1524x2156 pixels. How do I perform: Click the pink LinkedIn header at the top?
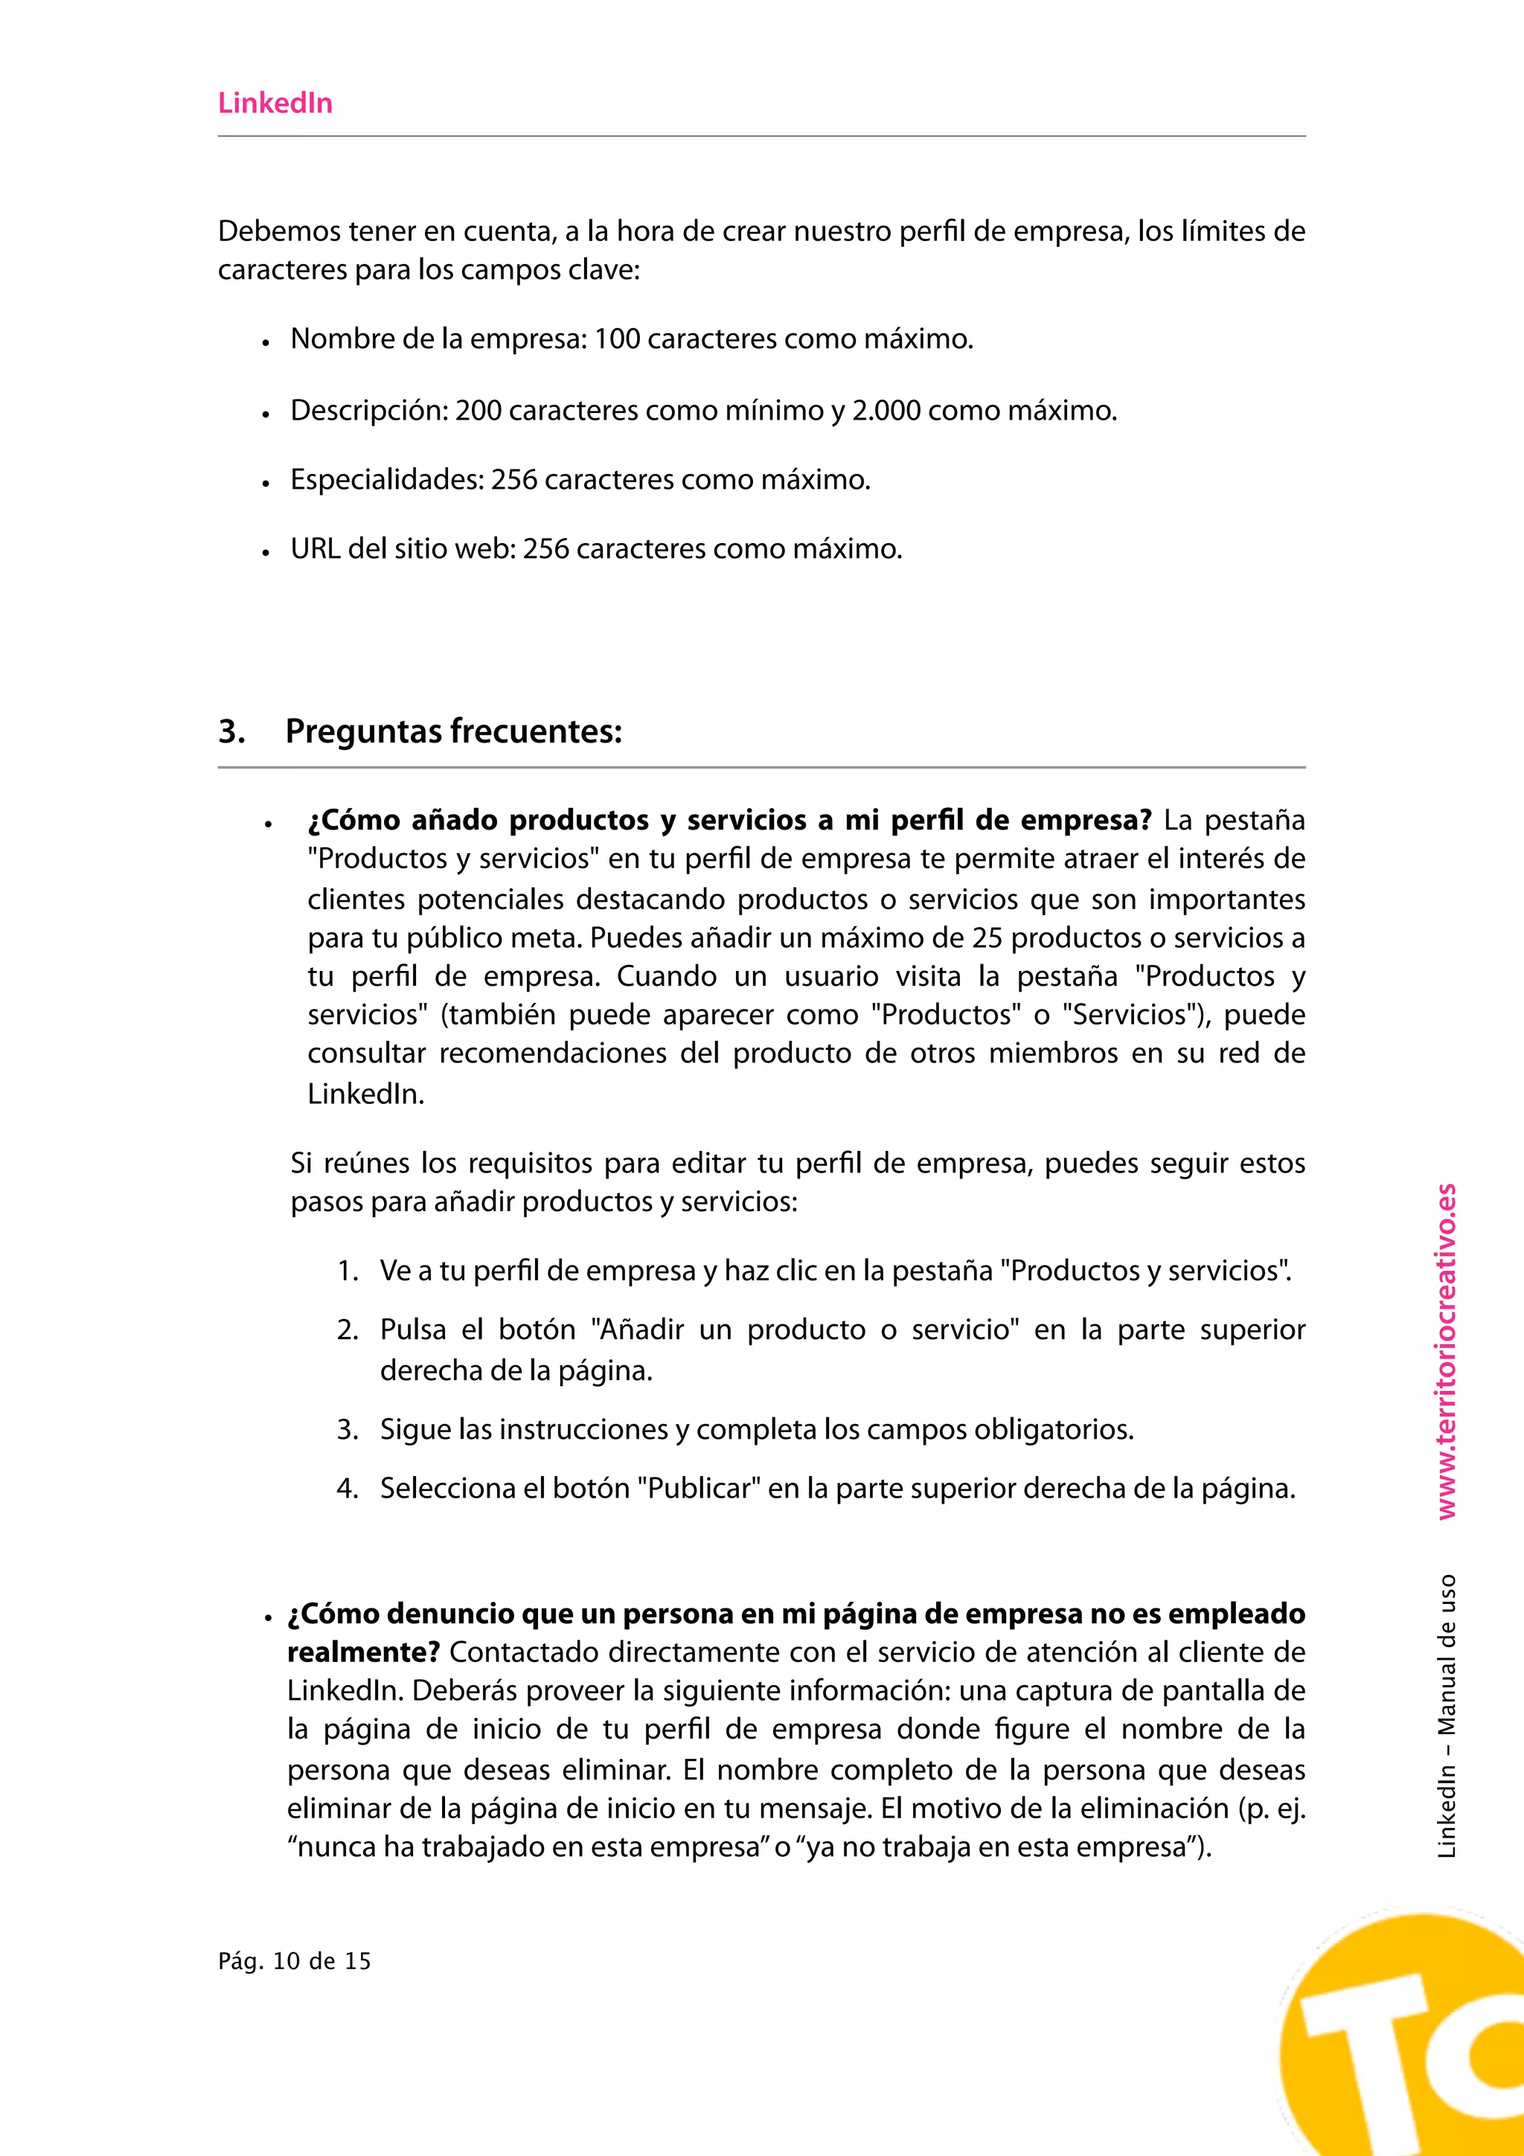pyautogui.click(x=275, y=103)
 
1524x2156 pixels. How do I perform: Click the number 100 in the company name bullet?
pyautogui.click(x=617, y=339)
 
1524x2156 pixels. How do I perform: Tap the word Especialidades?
pyautogui.click(x=387, y=480)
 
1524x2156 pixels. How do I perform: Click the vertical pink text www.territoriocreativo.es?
pyautogui.click(x=1445, y=1353)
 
